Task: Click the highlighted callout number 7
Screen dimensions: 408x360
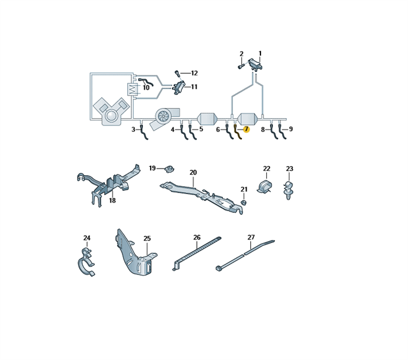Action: pos(246,129)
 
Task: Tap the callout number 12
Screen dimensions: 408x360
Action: pos(194,73)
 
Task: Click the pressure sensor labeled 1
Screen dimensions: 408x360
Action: pos(255,64)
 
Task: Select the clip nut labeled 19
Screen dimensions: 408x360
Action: pos(169,169)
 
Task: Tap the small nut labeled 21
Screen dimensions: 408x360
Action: pos(243,202)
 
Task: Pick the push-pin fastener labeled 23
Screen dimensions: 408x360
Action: pos(288,190)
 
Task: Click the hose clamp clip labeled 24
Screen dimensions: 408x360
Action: pos(86,263)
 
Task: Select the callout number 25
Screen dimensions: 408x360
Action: pos(147,238)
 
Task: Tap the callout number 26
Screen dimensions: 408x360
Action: pos(197,237)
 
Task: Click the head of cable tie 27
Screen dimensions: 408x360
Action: pos(219,268)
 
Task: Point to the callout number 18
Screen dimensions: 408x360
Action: pos(112,200)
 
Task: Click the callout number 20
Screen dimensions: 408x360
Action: pos(193,172)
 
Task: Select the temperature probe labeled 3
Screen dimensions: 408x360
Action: pos(144,132)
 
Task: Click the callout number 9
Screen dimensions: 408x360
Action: pos(290,129)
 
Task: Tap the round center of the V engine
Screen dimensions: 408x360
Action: pos(111,115)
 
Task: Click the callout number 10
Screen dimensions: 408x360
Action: pos(146,88)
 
